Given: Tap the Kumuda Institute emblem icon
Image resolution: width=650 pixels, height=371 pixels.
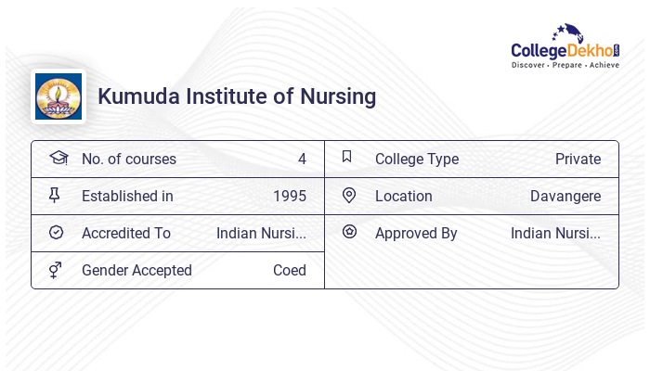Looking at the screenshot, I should (58, 96).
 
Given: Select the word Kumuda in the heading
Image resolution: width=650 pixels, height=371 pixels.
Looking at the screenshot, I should (137, 96).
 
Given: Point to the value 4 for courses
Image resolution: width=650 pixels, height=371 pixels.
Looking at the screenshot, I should (302, 160).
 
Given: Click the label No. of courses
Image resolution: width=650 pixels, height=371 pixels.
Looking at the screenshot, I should (128, 160).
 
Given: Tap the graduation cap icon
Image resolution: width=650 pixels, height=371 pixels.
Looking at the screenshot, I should (58, 158).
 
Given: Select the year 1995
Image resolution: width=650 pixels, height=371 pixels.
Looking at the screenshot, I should (289, 197).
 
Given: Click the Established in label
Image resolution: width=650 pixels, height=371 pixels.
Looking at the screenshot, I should (127, 197).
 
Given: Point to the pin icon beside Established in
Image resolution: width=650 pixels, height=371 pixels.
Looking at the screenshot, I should (55, 195).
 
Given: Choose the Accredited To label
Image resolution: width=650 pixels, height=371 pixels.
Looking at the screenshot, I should (125, 234).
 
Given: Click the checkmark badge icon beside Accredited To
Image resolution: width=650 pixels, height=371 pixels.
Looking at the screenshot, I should (56, 233).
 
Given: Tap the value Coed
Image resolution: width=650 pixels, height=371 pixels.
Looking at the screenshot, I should (289, 271).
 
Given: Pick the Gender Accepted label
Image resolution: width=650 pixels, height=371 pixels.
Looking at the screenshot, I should (136, 271).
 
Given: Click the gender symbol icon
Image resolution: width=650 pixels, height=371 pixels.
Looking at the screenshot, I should (56, 270).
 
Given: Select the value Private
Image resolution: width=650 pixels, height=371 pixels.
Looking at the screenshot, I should (578, 160).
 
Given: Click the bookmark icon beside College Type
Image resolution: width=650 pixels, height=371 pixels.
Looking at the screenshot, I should (347, 157).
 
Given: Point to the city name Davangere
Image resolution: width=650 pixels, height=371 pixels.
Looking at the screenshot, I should (565, 197).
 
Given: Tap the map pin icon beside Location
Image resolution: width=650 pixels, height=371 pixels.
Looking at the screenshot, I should (349, 195).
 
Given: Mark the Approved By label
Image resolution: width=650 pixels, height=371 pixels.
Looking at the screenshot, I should (416, 234).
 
